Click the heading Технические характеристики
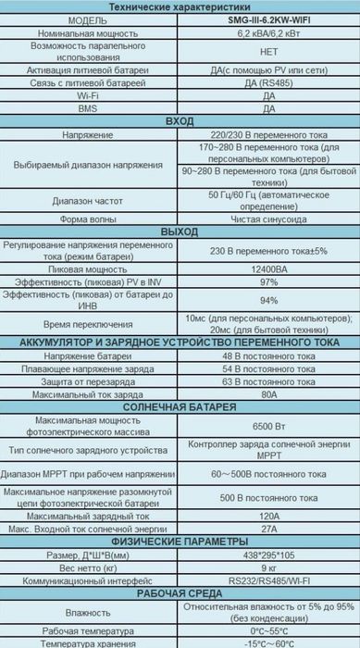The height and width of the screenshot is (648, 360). tap(180, 6)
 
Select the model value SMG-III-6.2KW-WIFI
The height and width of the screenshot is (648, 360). tap(269, 20)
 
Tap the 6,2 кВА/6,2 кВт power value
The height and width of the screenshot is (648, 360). tap(269, 33)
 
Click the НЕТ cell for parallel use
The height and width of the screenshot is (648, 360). tap(269, 53)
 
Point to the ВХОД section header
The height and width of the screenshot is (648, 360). tap(180, 121)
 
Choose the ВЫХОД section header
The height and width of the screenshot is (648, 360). tap(180, 230)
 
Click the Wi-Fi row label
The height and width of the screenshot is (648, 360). tap(89, 95)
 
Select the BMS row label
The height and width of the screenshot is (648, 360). tap(89, 108)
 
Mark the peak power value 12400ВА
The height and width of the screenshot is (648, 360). tap(269, 268)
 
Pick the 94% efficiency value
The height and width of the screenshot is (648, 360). tap(269, 300)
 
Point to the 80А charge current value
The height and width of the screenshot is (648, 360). tap(269, 393)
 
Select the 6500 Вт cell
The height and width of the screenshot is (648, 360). tap(269, 425)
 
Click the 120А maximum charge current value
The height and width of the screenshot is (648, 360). tap(269, 514)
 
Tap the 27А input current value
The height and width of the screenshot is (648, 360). tap(269, 528)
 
